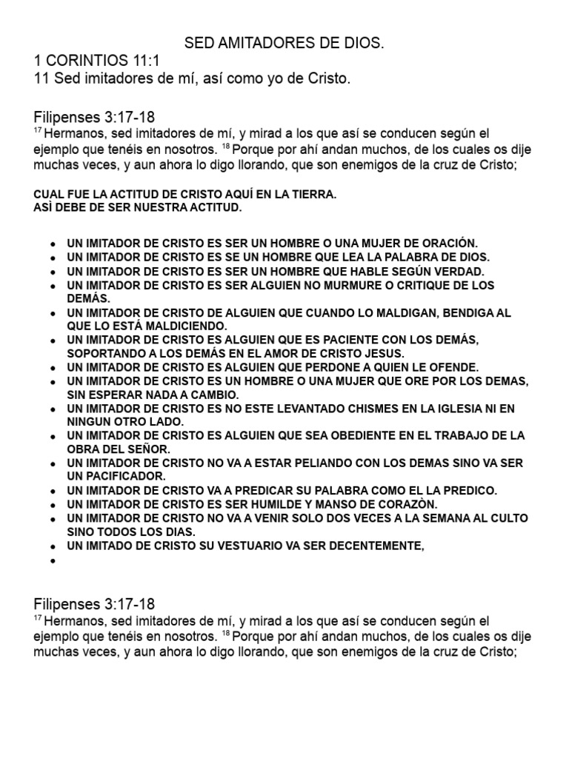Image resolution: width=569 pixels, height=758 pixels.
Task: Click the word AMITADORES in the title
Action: pos(250,45)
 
